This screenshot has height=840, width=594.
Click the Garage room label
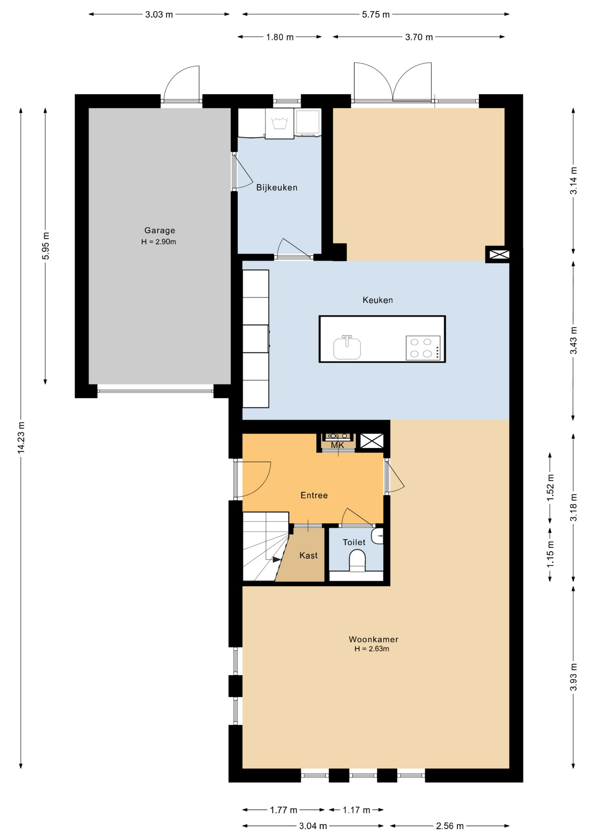point(160,230)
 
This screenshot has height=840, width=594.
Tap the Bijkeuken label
point(277,188)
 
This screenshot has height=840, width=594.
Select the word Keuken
point(377,300)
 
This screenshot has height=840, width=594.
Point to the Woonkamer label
point(374,639)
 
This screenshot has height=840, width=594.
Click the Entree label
point(314,495)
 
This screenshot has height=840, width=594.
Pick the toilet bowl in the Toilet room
point(357,560)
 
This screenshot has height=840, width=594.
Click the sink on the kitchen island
point(347,347)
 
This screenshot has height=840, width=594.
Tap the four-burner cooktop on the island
point(423,348)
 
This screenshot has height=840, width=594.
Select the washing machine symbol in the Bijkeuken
point(280,123)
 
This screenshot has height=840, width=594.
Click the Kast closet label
point(308,556)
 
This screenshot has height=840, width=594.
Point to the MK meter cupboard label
point(337,445)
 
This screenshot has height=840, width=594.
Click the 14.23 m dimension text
point(21,437)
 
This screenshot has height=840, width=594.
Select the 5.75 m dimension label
point(376,14)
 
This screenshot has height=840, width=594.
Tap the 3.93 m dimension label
point(573,677)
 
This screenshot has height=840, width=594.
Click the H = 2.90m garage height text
point(158,242)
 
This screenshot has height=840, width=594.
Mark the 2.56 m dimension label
point(450,826)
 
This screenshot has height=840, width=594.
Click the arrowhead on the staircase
point(277,560)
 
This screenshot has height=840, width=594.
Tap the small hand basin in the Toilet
point(377,536)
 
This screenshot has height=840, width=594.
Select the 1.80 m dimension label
point(280,37)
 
